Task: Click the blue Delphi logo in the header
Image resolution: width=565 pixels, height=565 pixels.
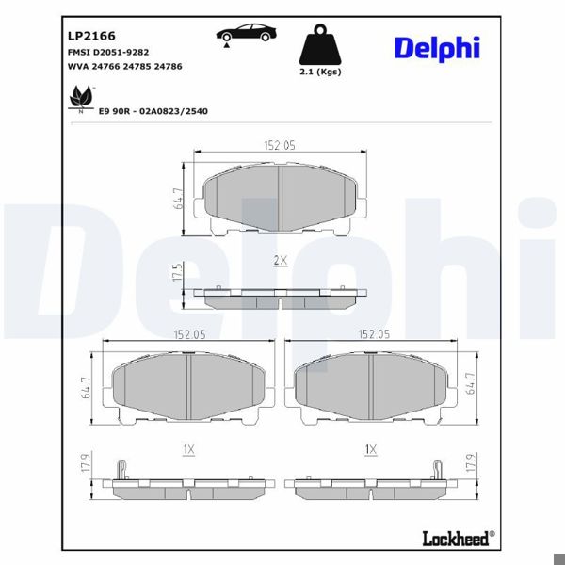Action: pyautogui.click(x=436, y=48)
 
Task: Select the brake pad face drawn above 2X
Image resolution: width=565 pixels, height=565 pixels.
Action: pyautogui.click(x=281, y=196)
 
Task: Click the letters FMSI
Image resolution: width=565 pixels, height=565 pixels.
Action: pyautogui.click(x=80, y=52)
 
